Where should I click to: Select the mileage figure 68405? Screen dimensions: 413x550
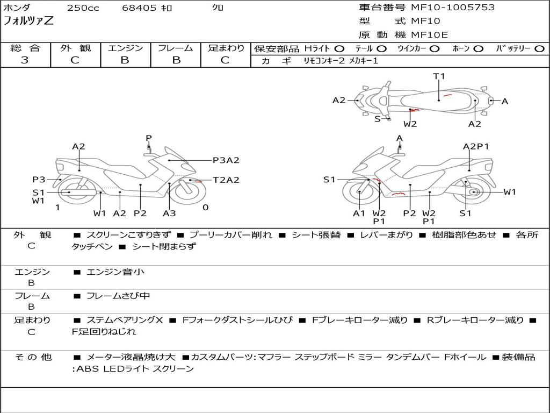point(139,8)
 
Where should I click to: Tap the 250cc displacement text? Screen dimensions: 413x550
point(83,8)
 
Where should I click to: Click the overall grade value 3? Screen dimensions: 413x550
point(25,60)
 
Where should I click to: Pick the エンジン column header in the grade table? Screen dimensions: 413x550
point(125,48)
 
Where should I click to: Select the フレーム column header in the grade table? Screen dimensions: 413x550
point(176,48)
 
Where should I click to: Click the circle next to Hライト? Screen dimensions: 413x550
point(339,48)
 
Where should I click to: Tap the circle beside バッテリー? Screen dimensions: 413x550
point(539,48)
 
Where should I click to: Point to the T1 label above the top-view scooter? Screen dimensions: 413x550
point(439,76)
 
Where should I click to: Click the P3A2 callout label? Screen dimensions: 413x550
point(226,160)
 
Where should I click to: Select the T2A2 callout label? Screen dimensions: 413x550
point(226,180)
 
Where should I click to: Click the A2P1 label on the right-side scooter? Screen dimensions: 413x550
point(476,146)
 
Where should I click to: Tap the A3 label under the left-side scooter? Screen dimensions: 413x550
point(169,213)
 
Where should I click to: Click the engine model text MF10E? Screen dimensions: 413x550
point(430,35)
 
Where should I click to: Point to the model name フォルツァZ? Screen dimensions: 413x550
point(29,22)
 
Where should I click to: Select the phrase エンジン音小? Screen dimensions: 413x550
point(115,272)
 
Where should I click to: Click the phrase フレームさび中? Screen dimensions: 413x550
point(118,296)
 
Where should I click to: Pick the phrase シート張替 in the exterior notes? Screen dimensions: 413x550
point(314,235)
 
